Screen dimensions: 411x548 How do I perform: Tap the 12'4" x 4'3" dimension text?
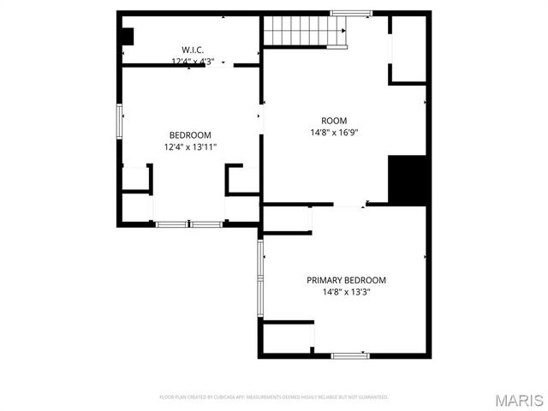[x=192, y=62]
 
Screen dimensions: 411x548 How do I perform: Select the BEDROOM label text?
[x=190, y=135]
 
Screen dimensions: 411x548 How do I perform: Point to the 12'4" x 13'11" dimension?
[x=190, y=147]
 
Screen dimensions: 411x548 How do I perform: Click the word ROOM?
[x=334, y=121]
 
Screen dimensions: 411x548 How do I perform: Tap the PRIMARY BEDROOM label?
[x=346, y=280]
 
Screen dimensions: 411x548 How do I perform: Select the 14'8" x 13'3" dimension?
[x=346, y=292]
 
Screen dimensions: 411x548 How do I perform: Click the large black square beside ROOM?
[x=408, y=179]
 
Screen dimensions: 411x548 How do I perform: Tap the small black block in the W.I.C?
[x=127, y=37]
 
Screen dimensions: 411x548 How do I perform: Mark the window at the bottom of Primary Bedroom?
[x=349, y=355]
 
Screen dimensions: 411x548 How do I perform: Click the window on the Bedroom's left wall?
[x=120, y=120]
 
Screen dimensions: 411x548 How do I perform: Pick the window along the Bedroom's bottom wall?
[x=189, y=224]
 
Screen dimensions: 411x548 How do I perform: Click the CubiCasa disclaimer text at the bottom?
[x=274, y=397]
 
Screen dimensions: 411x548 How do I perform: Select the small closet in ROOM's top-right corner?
[x=408, y=50]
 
